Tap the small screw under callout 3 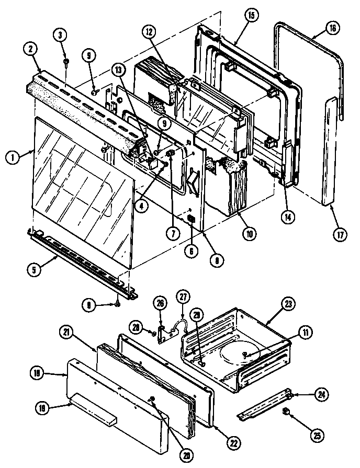pyautogui.click(x=65, y=62)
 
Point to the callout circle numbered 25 pyautogui.click(x=302, y=432)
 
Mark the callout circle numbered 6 pyautogui.click(x=192, y=250)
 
